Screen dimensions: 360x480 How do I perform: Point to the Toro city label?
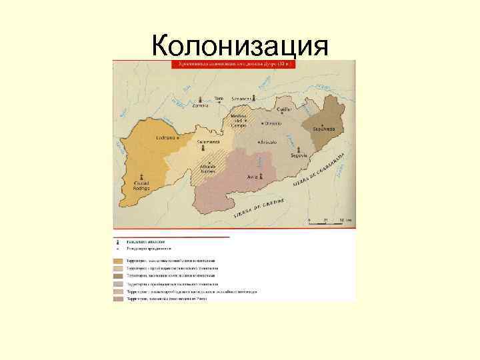[219, 97]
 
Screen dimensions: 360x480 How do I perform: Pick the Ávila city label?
[253, 177]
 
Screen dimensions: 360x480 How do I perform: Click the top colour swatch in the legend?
[118, 260]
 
